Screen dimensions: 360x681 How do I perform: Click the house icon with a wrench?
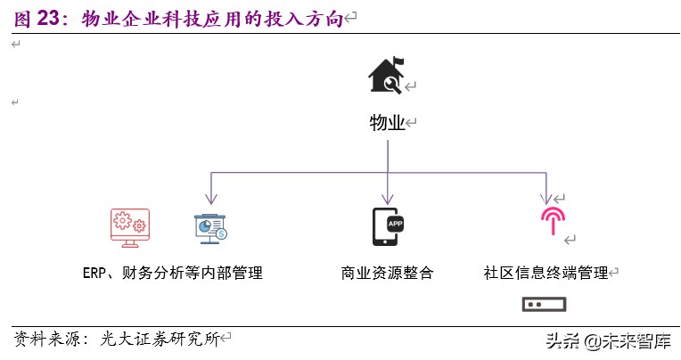coord(386,76)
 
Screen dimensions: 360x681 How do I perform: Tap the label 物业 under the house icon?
coord(387,124)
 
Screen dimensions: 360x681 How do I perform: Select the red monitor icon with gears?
coord(129,227)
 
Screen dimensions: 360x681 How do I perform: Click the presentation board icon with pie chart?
coord(211,228)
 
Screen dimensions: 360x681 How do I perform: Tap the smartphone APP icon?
coord(387,227)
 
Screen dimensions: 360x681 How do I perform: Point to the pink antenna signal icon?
coord(553,220)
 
